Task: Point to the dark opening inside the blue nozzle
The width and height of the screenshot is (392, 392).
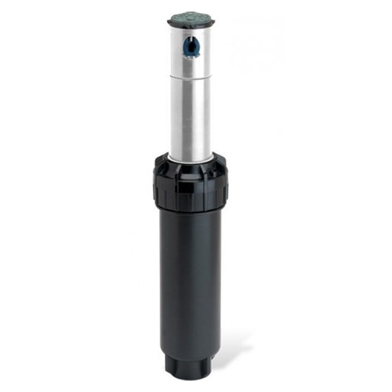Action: click(189, 48)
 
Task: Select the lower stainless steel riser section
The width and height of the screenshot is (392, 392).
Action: click(191, 118)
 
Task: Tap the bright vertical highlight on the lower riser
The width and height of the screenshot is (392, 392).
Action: click(182, 118)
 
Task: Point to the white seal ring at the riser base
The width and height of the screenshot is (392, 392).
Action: click(191, 161)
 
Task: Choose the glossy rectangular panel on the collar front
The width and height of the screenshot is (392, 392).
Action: click(191, 188)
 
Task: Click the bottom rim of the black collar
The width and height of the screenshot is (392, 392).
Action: click(191, 210)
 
